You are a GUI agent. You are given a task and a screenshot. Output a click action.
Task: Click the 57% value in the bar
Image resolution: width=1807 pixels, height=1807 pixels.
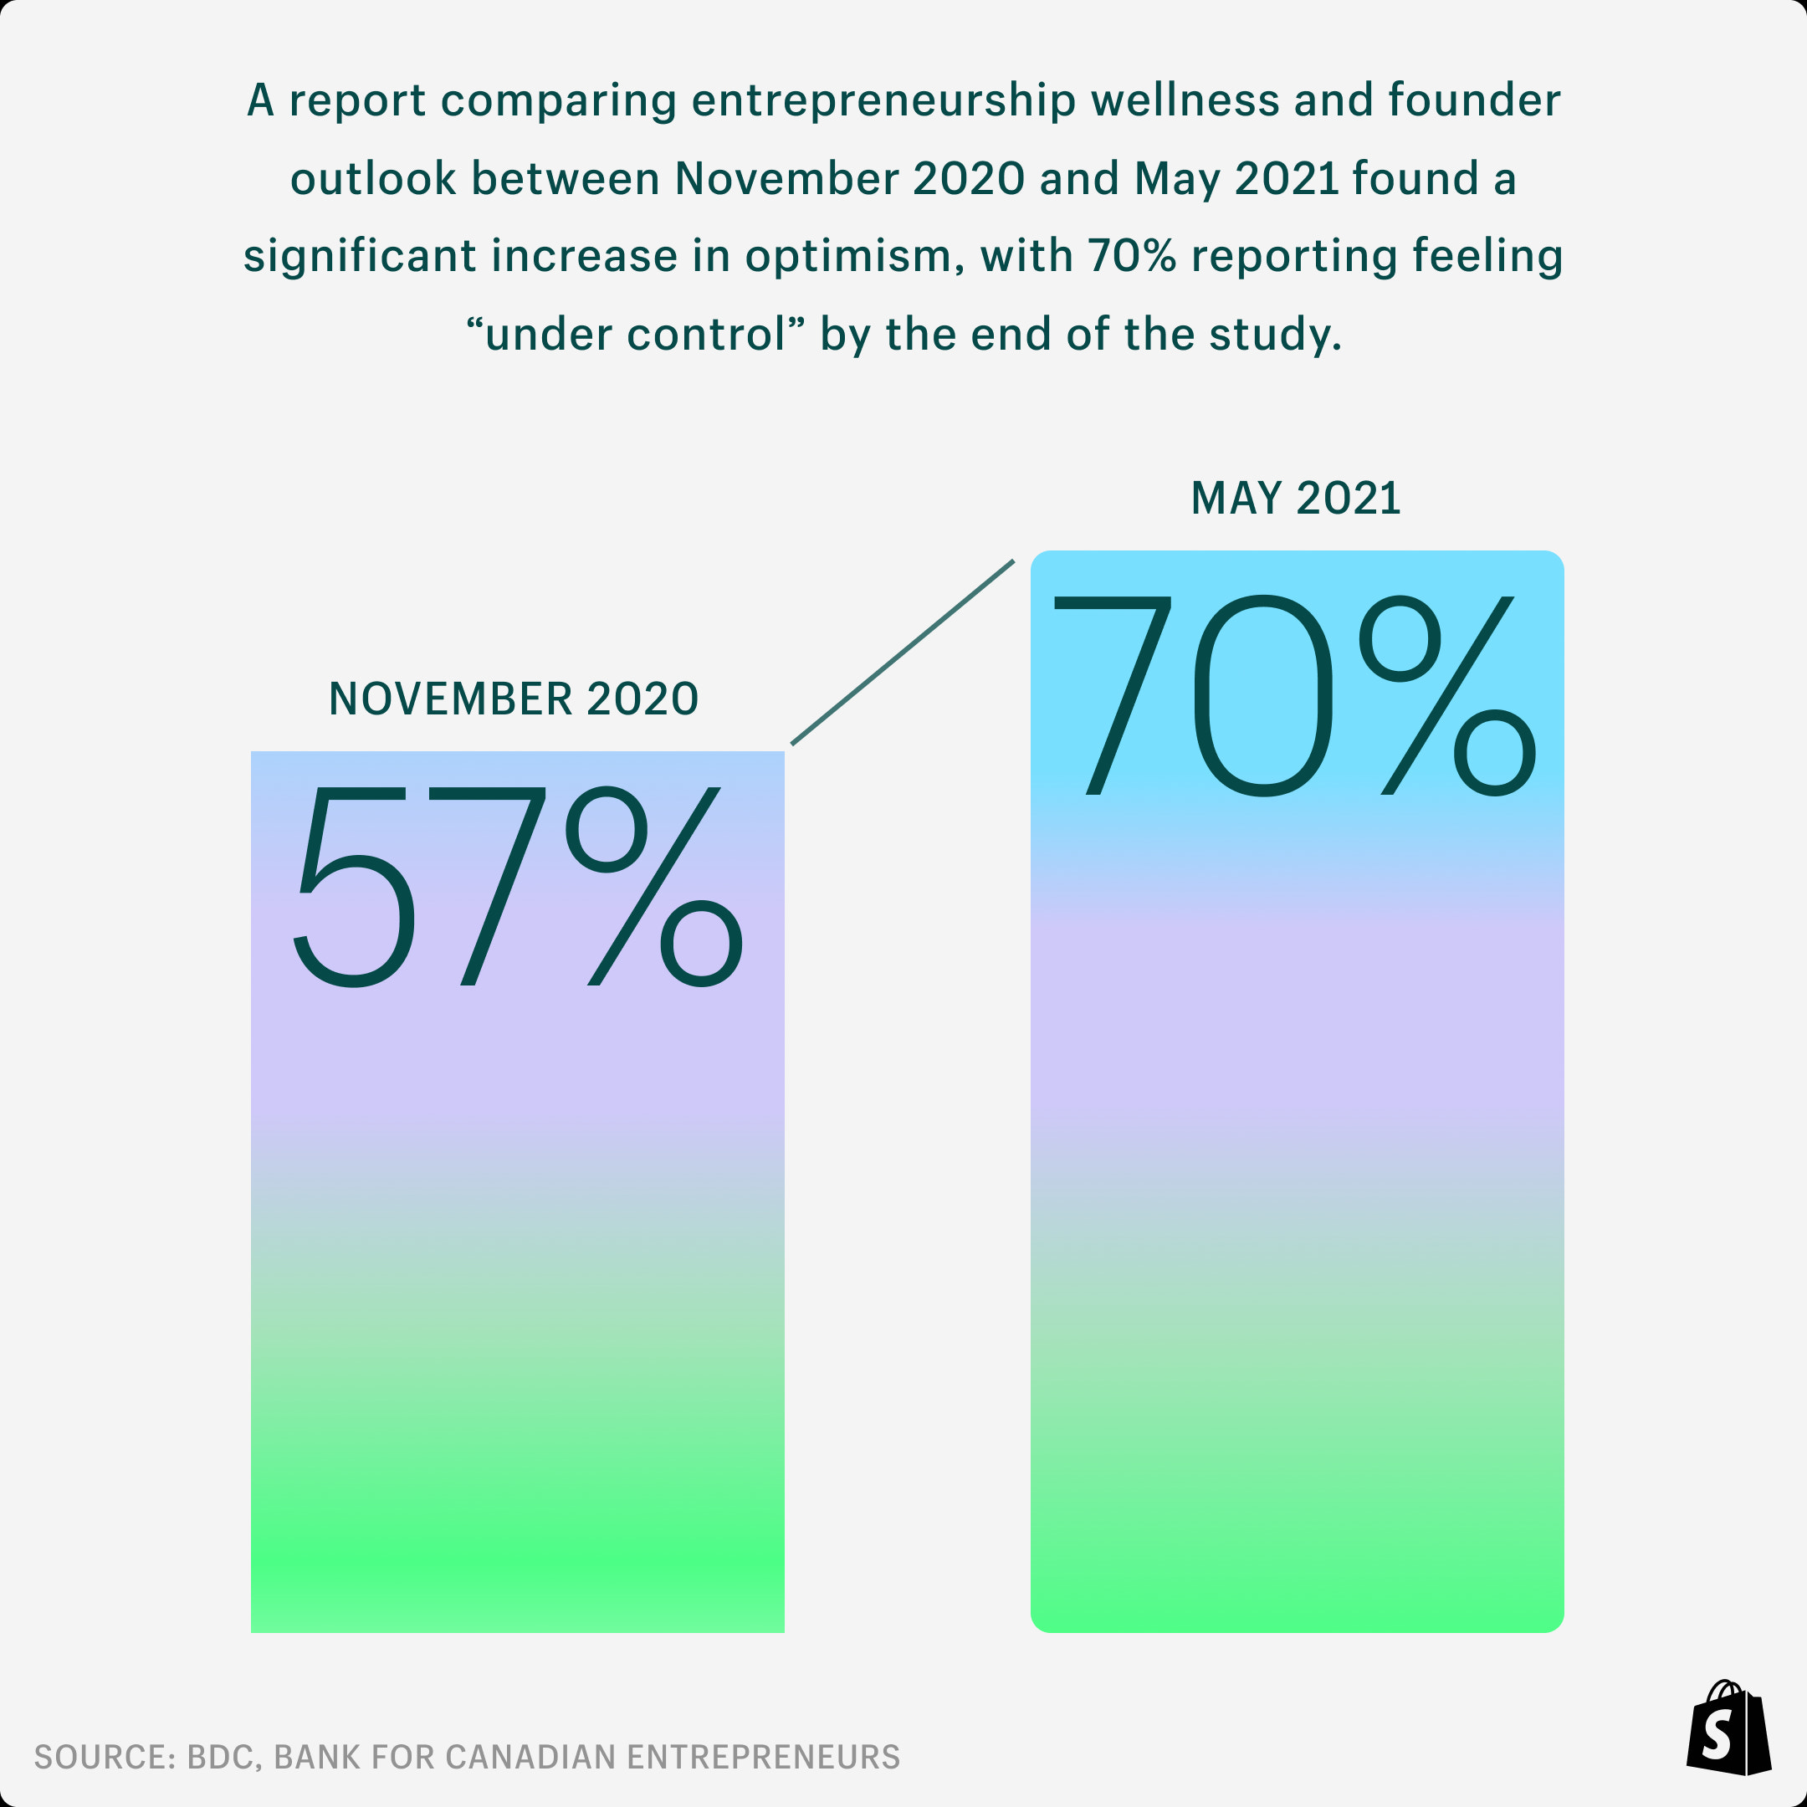pyautogui.click(x=518, y=887)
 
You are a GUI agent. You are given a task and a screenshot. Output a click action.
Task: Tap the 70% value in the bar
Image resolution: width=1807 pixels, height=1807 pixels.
pyautogui.click(x=1295, y=696)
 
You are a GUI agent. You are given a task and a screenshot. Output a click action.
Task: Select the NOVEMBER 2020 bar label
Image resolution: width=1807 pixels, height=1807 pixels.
pyautogui.click(x=514, y=699)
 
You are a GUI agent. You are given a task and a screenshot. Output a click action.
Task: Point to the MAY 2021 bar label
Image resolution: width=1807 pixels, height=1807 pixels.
pyautogui.click(x=1295, y=499)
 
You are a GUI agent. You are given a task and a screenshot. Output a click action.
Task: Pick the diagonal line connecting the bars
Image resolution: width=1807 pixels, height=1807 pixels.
pyautogui.click(x=903, y=652)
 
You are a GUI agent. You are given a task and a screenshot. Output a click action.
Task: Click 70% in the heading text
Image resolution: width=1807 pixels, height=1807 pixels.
pyautogui.click(x=1131, y=255)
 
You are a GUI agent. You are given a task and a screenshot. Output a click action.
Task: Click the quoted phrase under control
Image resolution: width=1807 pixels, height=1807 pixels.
pyautogui.click(x=636, y=334)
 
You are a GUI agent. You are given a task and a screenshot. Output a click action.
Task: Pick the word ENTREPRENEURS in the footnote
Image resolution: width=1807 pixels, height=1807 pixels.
pyautogui.click(x=763, y=1757)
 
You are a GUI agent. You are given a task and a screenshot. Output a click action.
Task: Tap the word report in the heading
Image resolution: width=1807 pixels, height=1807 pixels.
pyautogui.click(x=357, y=101)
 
